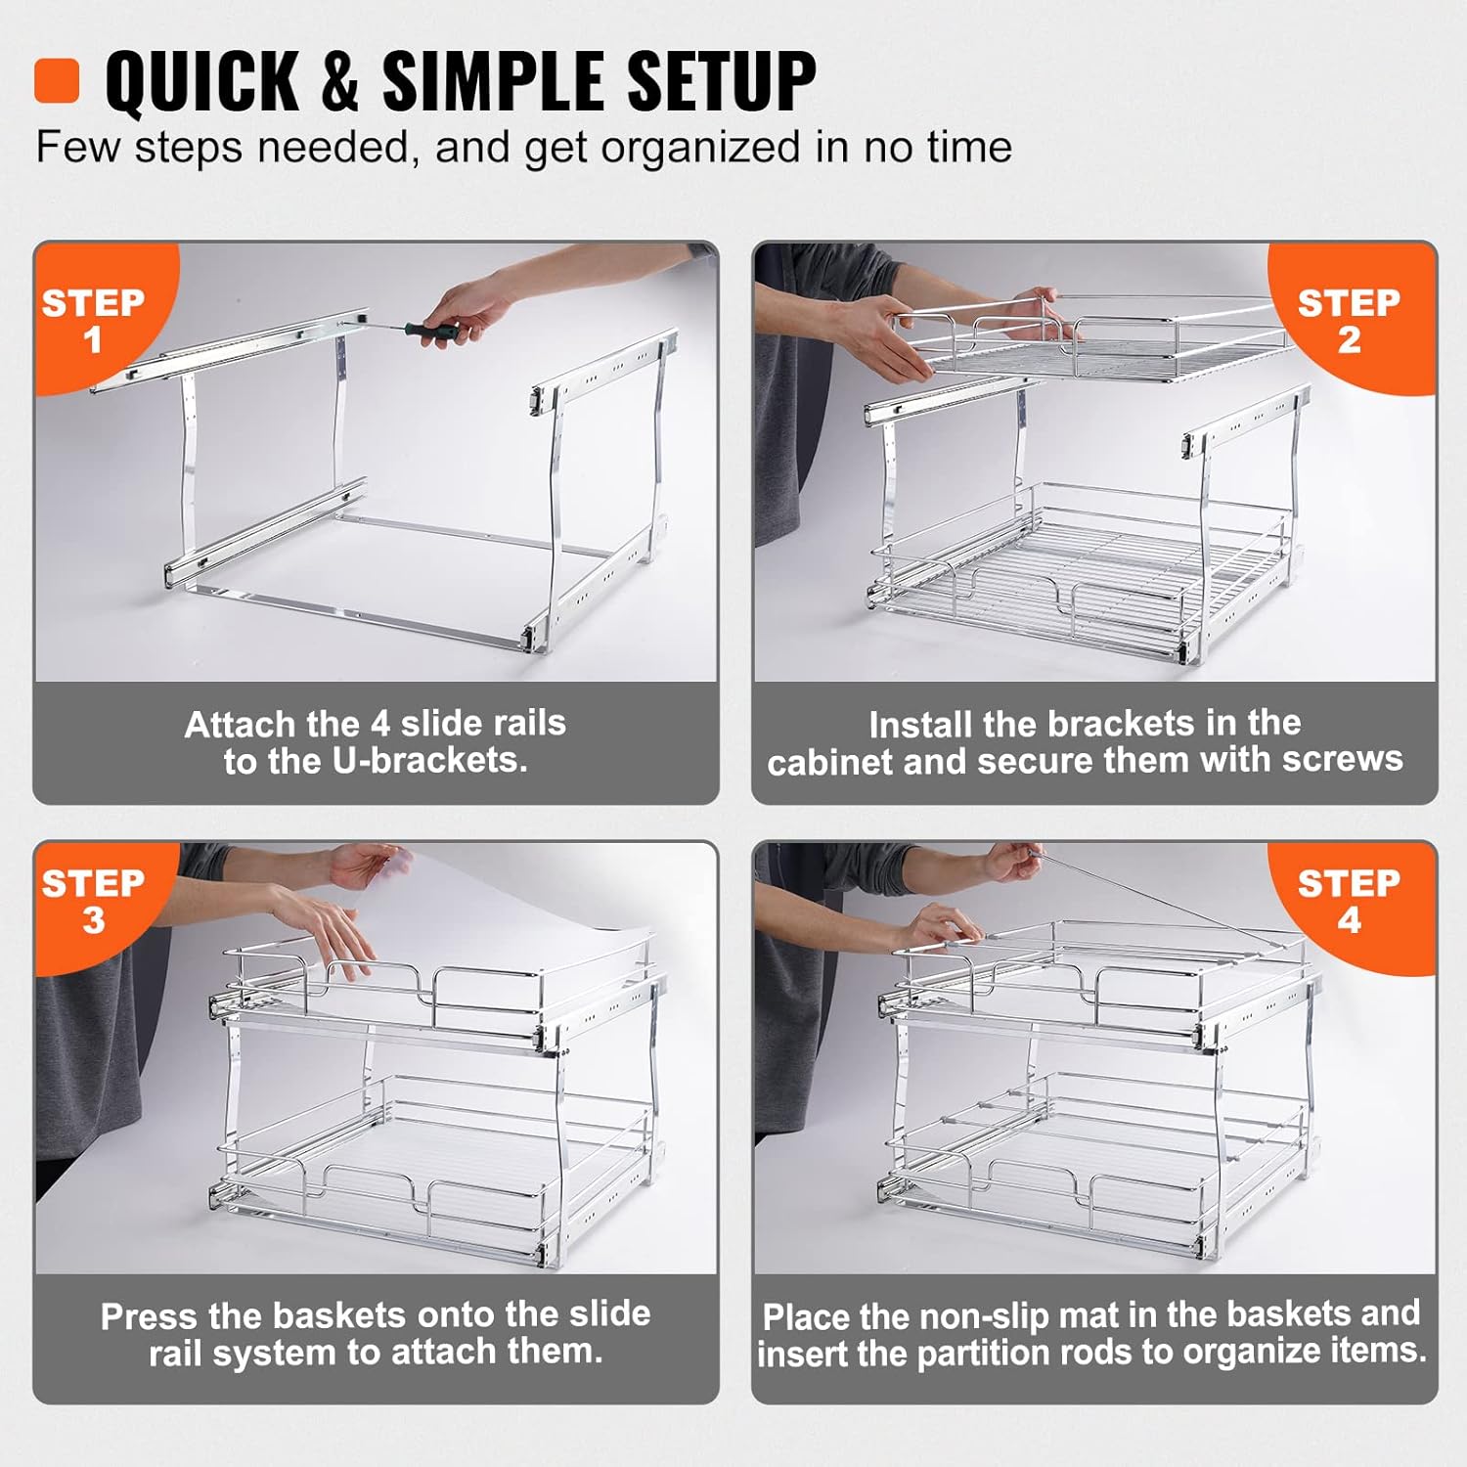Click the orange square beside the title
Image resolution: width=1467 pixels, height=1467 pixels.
point(57,80)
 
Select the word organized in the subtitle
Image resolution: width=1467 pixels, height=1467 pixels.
point(701,148)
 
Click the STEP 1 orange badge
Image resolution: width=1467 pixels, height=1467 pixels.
point(93,319)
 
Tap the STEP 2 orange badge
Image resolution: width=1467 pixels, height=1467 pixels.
point(1349,319)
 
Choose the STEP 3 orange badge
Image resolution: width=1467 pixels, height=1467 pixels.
point(93,900)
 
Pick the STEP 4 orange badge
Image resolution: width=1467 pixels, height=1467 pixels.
point(1349,900)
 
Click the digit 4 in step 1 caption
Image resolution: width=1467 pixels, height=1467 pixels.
point(380,724)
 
